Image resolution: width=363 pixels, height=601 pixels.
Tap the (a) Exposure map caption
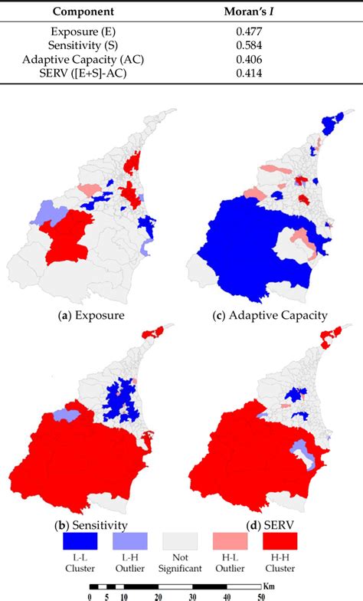point(93,315)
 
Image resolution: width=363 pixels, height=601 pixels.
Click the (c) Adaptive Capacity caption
point(270,315)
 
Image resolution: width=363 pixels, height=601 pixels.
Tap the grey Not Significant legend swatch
point(181,542)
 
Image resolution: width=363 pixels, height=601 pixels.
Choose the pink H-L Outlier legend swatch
point(232,542)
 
